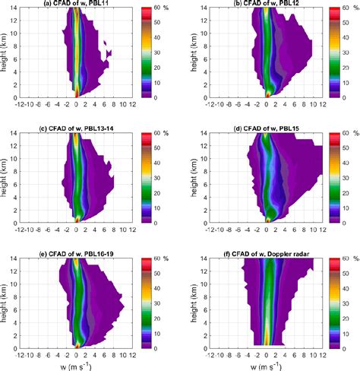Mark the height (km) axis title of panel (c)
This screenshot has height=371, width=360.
click(x=5, y=178)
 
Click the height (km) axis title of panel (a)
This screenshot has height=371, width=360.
click(x=5, y=54)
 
